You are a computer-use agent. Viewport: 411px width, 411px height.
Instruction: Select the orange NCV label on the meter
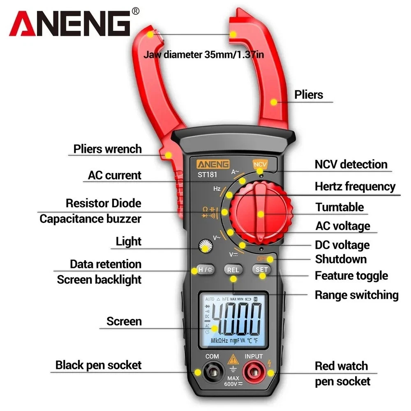[x=260, y=164]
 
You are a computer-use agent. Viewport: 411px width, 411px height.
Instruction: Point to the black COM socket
[x=212, y=373]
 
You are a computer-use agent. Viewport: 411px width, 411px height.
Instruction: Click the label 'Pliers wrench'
[x=107, y=148]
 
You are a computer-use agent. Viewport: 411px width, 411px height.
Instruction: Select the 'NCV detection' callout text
[x=351, y=164]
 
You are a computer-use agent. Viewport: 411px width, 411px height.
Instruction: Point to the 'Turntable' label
[x=339, y=207]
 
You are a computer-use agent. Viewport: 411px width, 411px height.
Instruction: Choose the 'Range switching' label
[x=356, y=295]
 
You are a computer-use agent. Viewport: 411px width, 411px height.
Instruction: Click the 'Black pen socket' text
[x=98, y=365]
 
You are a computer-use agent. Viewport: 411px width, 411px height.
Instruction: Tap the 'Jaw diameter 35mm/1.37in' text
[x=203, y=54]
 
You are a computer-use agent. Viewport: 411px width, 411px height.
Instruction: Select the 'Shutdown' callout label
[x=341, y=259]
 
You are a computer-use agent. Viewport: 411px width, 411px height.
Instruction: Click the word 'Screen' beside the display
[x=124, y=321]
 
